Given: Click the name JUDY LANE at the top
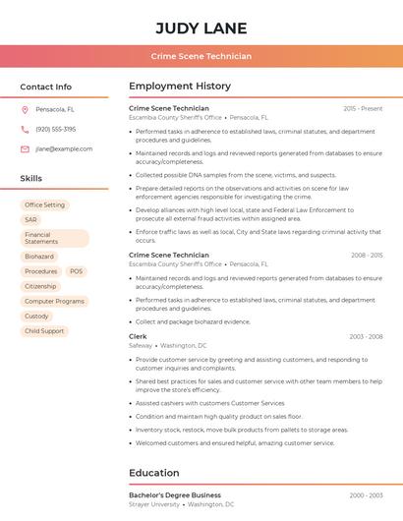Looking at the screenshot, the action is point(201,28).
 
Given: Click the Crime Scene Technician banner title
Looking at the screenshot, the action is point(201,56).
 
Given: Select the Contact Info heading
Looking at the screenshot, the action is point(45,87).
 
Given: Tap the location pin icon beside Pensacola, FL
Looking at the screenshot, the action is point(25,110).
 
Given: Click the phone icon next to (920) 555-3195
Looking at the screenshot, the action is point(25,129).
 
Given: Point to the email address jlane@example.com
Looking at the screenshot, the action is point(64,148).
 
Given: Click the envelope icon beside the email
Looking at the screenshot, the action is point(25,148).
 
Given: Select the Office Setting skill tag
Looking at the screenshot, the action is point(44,204).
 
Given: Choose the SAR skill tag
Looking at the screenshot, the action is point(30,220).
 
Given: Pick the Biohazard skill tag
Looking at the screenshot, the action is point(39,257).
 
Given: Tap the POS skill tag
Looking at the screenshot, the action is point(77,271).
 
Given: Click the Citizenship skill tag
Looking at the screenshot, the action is point(40,286).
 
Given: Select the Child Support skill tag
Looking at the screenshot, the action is point(44,331).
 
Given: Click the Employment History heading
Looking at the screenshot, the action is point(180,87).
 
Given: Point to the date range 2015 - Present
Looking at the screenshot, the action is point(363,108).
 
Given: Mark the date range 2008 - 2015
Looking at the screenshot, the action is point(366,256).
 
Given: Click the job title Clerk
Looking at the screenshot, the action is point(138,336).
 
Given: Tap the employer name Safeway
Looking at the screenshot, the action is point(141,346).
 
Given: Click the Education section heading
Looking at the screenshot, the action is point(154,473).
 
